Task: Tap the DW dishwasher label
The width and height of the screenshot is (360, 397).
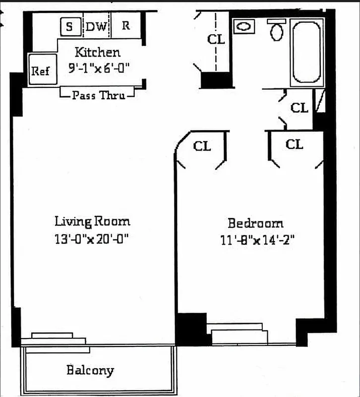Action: pyautogui.click(x=96, y=27)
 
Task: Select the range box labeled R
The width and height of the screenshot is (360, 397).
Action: pyautogui.click(x=126, y=26)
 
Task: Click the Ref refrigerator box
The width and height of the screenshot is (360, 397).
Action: pyautogui.click(x=41, y=70)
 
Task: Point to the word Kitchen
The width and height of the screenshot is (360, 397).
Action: pyautogui.click(x=97, y=52)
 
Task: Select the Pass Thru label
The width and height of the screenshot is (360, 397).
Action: pyautogui.click(x=97, y=95)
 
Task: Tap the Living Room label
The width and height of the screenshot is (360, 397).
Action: pyautogui.click(x=92, y=221)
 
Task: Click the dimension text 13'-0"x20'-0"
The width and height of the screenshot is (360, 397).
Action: pyautogui.click(x=92, y=239)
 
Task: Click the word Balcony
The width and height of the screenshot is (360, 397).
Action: pyautogui.click(x=90, y=370)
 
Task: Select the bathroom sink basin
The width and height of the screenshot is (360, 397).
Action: pyautogui.click(x=243, y=27)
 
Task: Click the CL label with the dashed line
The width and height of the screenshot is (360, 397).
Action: pyautogui.click(x=216, y=40)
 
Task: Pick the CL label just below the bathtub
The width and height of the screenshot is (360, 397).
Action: pyautogui.click(x=299, y=108)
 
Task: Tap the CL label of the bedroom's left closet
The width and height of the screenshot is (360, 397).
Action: pyautogui.click(x=202, y=146)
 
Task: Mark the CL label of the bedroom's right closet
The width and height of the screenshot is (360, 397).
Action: pyautogui.click(x=295, y=144)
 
